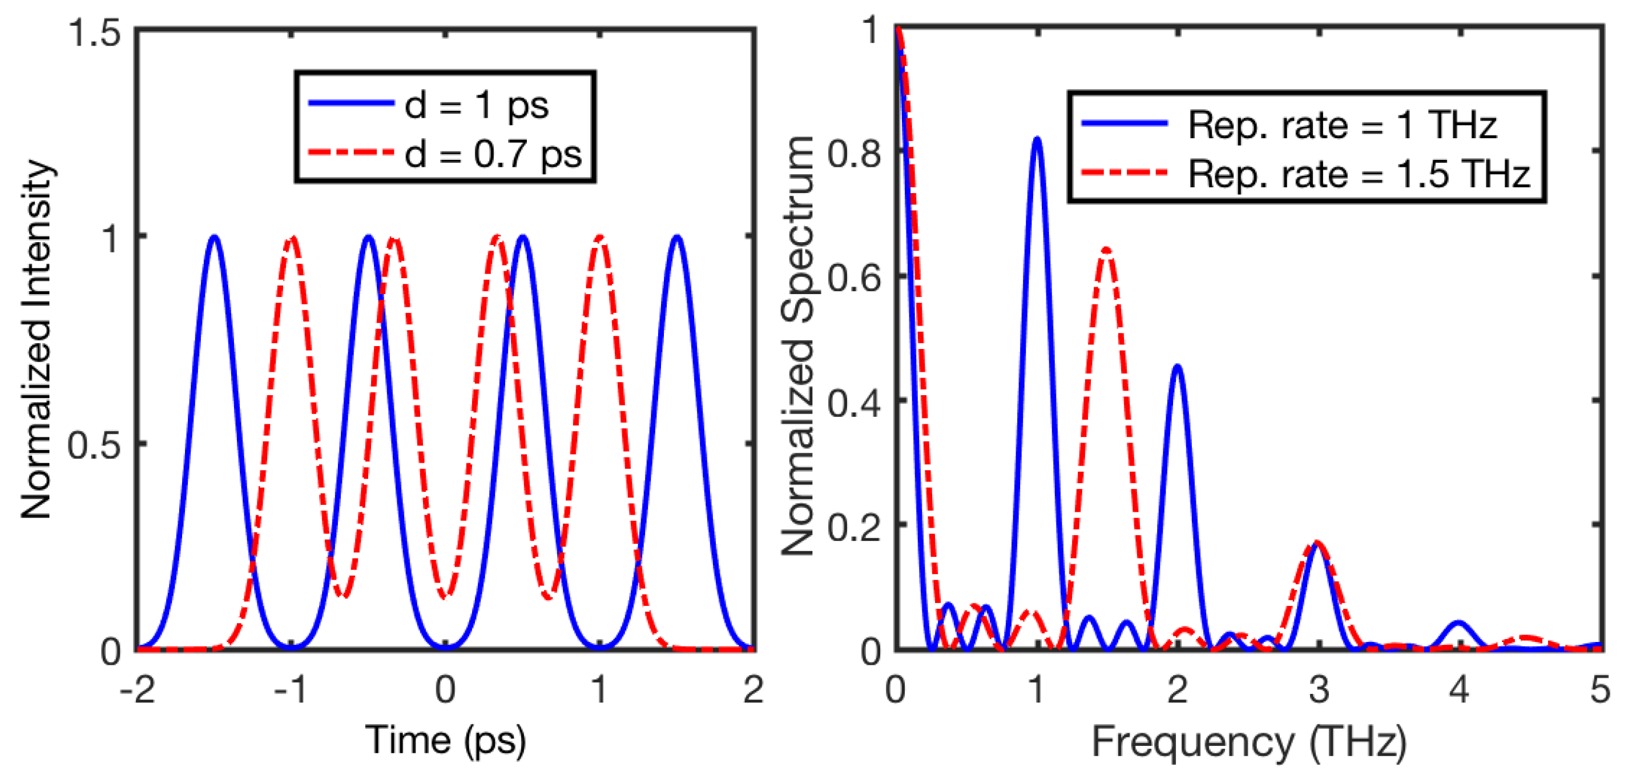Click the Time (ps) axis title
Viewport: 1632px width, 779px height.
445,739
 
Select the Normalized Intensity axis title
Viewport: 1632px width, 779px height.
36,339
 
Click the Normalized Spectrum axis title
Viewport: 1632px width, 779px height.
797,346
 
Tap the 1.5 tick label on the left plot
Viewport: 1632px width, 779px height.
95,31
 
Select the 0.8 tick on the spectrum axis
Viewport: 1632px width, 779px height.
854,154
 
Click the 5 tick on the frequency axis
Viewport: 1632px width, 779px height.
1599,689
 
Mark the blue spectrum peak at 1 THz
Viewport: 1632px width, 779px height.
1037,138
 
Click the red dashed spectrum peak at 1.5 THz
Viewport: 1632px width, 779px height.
1106,249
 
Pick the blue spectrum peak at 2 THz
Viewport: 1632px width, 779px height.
1178,366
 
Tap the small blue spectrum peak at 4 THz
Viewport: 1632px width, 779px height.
1459,623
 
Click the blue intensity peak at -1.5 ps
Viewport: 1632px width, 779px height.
215,237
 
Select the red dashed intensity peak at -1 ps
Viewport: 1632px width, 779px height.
292,238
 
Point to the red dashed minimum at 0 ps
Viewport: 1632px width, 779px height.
446,596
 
